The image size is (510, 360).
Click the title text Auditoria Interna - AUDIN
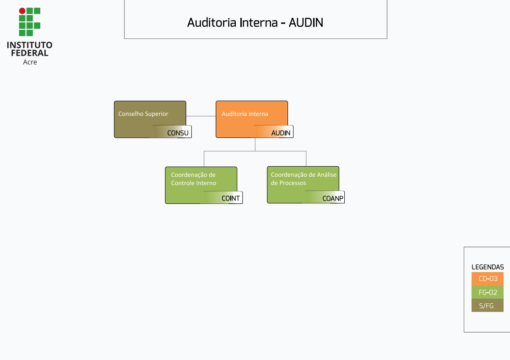pos(255,22)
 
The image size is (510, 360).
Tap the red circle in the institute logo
pos(22,11)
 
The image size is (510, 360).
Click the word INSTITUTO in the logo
pos(29,45)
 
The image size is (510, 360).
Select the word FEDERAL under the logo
pos(29,53)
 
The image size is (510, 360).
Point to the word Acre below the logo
pos(30,62)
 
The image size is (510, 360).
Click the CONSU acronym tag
pos(178,133)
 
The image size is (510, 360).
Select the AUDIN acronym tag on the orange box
pos(281,133)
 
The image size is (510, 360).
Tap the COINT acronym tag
pos(230,198)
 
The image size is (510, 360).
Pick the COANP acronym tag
pos(333,198)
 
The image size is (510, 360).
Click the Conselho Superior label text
pos(143,114)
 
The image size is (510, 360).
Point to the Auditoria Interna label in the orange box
pos(245,114)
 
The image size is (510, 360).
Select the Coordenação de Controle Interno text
pos(194,179)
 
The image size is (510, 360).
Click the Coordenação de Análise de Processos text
pos(304,179)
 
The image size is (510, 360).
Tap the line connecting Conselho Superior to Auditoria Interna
pos(201,116)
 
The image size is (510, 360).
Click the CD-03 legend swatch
pos(488,278)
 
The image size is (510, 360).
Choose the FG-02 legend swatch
pos(488,292)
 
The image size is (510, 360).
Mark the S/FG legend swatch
pos(488,305)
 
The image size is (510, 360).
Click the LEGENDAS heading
pos(488,267)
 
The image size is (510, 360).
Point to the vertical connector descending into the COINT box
pos(204,159)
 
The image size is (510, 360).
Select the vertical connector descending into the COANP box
pos(306,159)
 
